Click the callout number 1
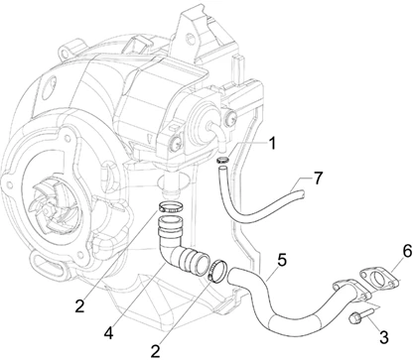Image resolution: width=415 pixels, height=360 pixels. pyautogui.click(x=270, y=144)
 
